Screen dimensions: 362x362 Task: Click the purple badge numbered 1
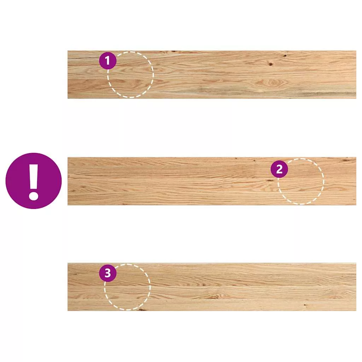(x=108, y=61)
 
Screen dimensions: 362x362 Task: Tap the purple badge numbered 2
(x=279, y=169)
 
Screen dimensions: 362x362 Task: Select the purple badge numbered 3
(x=108, y=273)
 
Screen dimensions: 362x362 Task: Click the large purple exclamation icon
(x=34, y=181)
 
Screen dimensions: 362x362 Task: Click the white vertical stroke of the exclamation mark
(x=34, y=175)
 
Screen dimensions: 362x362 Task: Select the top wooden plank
(x=212, y=75)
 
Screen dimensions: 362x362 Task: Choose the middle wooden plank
(x=212, y=181)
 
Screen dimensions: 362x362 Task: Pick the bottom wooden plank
(x=212, y=287)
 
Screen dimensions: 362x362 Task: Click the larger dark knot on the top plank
(x=270, y=64)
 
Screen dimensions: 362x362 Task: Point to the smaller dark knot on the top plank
(x=285, y=56)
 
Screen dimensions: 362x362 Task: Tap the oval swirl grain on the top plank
(x=273, y=82)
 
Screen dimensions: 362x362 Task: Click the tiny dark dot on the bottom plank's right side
(x=305, y=305)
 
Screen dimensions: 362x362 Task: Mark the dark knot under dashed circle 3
(x=141, y=309)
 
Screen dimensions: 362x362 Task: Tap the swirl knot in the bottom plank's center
(x=215, y=296)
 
